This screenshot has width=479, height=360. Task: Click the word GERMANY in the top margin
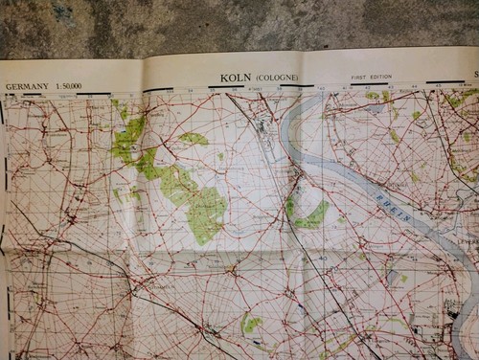27,86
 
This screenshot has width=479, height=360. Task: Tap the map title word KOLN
235,79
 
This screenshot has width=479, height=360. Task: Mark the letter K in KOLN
224,79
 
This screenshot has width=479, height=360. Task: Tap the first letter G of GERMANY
9,86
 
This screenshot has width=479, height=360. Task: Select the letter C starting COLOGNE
260,79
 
